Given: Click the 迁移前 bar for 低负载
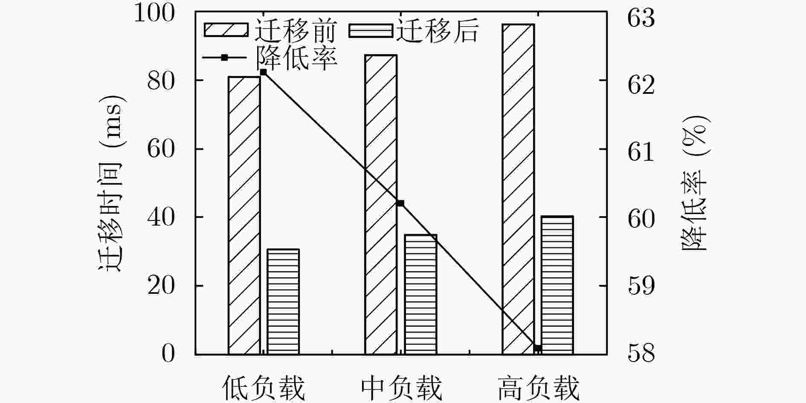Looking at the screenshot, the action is point(244,215).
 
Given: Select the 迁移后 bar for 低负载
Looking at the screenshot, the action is point(283,302).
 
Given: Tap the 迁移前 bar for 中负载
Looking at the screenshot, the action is point(381,205).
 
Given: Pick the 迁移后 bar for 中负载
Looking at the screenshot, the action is point(420,294).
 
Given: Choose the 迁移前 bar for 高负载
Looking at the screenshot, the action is point(518,189).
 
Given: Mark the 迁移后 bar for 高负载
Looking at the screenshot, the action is point(557,285).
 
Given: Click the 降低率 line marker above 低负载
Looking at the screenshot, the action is point(263,72).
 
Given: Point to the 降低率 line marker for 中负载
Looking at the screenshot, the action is point(400,203).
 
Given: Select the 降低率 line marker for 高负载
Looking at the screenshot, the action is point(538,348).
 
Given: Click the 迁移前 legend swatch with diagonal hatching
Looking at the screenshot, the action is point(226,30).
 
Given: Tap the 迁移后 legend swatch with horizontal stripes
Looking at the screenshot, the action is point(371,30).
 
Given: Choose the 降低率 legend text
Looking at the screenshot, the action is point(296,58).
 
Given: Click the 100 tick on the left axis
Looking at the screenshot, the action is point(154,13).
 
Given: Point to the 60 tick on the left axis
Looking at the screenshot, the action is point(161,149).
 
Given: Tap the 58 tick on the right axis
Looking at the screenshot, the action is point(641,354).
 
